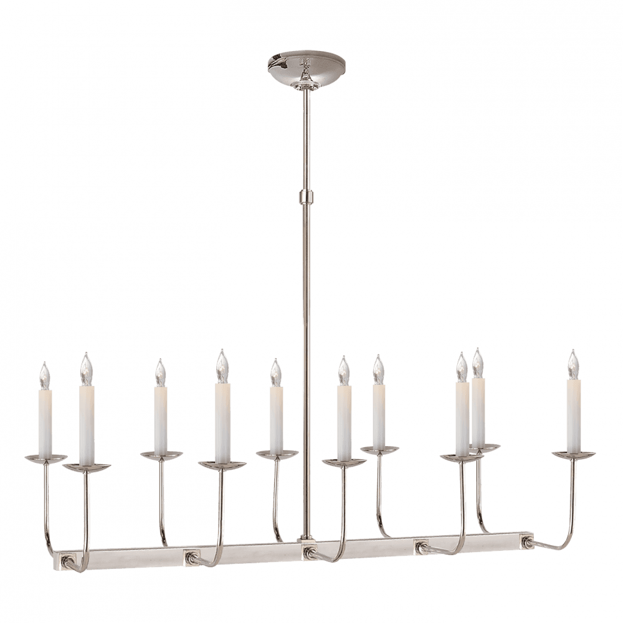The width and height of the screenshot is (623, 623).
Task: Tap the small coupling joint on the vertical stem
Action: [306, 198]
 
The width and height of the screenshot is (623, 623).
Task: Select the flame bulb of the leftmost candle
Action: [44, 376]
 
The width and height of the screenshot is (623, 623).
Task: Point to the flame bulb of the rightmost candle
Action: [573, 361]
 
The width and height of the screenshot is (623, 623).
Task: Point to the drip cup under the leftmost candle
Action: [45, 459]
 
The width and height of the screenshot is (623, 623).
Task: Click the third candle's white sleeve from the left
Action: [161, 421]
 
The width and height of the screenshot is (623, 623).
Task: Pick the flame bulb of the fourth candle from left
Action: [222, 366]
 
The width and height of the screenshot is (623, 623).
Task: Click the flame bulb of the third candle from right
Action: [462, 365]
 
